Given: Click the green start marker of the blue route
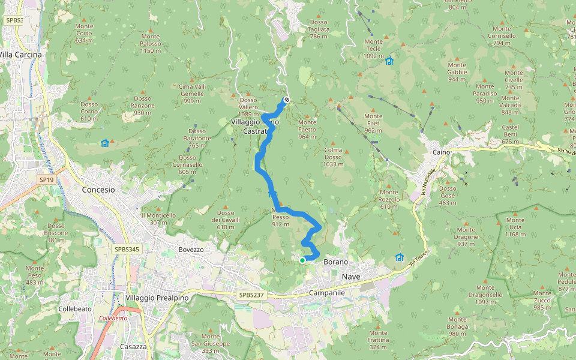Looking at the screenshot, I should click(x=302, y=260).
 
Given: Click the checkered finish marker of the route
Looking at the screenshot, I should click(x=287, y=100).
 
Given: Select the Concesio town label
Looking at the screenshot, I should click(x=98, y=189).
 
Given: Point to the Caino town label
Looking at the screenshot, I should click(x=441, y=152).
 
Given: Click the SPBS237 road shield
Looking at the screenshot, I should click(x=251, y=295).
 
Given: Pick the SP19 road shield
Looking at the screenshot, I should click(x=46, y=179).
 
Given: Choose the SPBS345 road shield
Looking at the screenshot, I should click(x=126, y=248).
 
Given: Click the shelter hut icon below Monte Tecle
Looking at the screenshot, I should click(x=389, y=61).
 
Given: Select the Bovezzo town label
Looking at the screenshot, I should click(x=191, y=249).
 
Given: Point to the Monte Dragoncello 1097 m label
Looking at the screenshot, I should click(x=485, y=298).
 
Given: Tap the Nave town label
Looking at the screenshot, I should click(x=351, y=276).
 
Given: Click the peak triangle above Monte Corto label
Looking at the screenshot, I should click(x=84, y=20).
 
